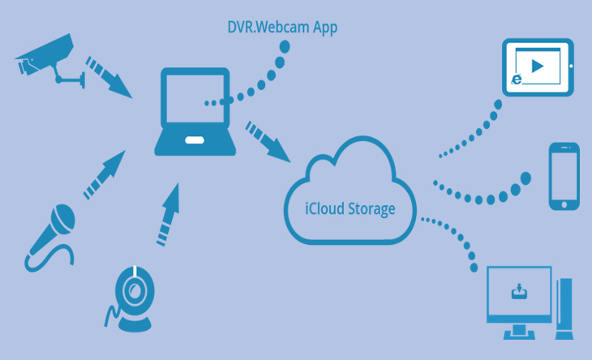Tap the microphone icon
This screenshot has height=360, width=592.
(54, 230)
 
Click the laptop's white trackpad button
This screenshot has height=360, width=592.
(194, 140)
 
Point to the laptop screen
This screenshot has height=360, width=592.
(195, 101)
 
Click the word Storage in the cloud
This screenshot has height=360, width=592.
(367, 208)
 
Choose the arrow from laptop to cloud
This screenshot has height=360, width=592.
(268, 139)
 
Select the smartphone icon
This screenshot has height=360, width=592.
(564, 177)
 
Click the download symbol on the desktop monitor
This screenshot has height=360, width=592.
(518, 291)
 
